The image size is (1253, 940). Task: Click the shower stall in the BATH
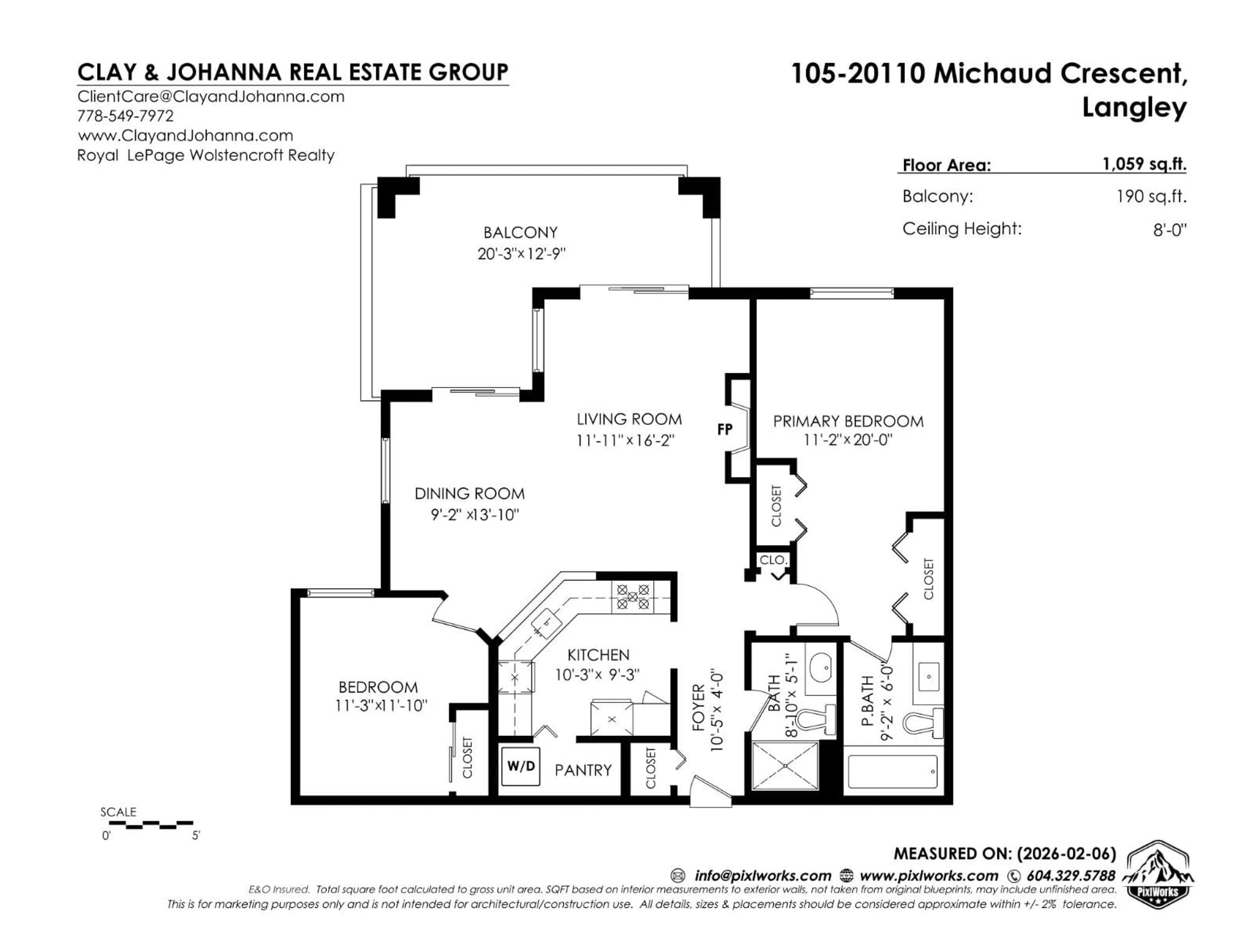[x=785, y=765]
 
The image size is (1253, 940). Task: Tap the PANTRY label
[x=583, y=770]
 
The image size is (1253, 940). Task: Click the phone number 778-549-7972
[x=125, y=116]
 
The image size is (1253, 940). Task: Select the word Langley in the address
[x=1134, y=107]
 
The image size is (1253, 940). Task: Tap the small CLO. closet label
[x=773, y=560]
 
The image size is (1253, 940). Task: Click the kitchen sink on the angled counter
[x=547, y=623]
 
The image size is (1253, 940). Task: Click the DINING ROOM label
[x=470, y=493]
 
